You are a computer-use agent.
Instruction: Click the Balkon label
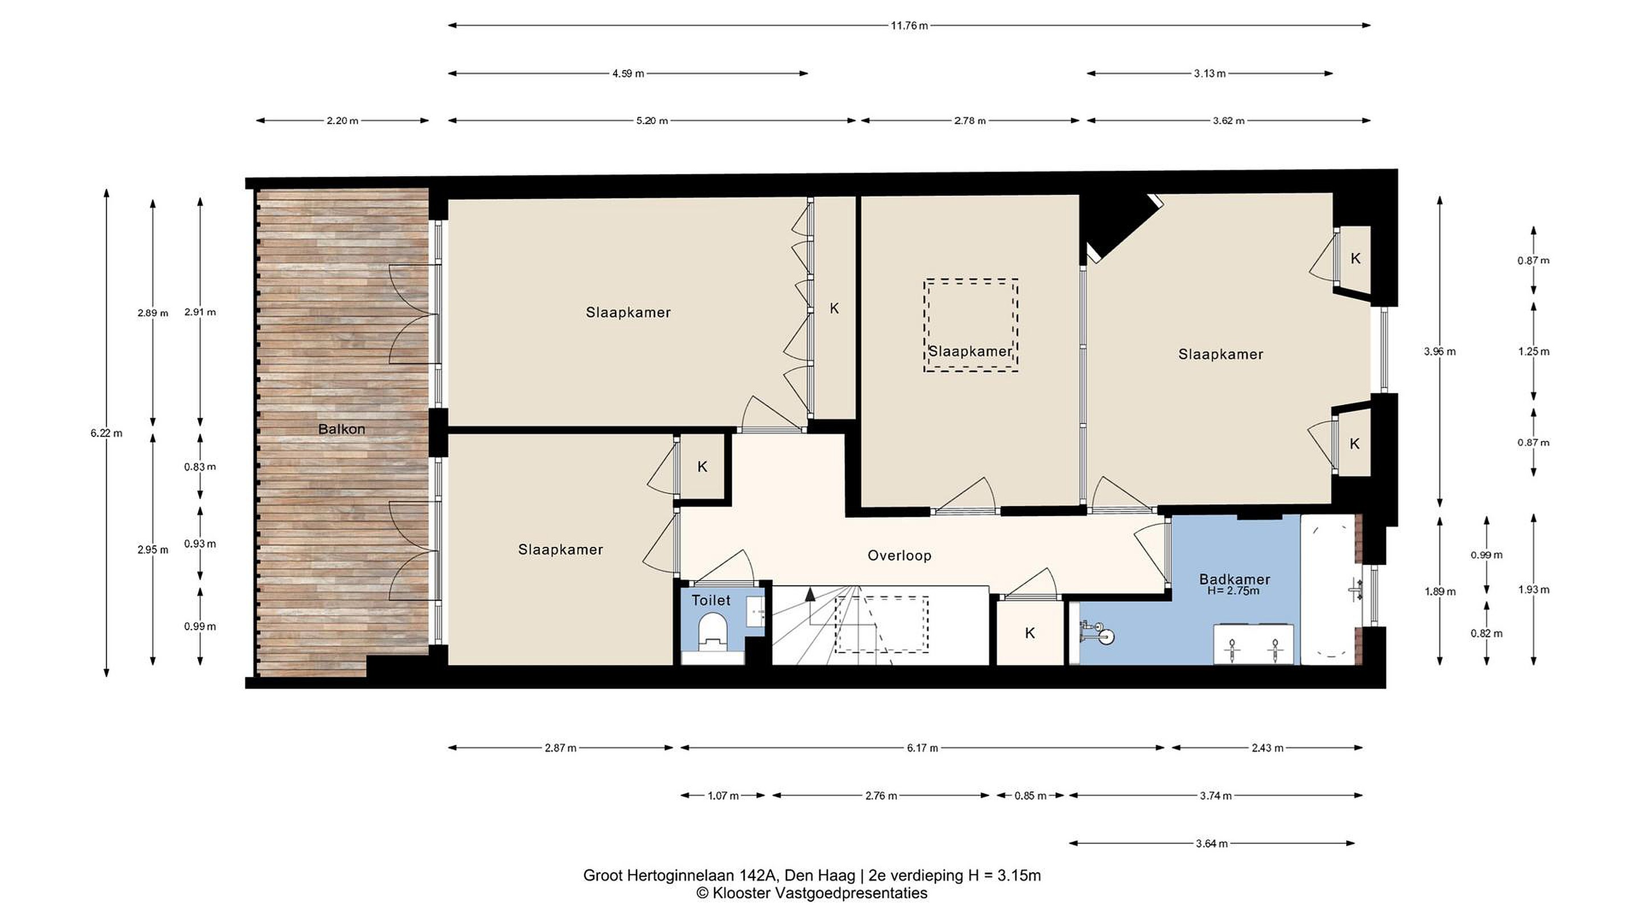tap(341, 430)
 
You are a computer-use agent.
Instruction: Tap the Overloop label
tap(899, 556)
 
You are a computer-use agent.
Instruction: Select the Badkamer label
tap(1235, 579)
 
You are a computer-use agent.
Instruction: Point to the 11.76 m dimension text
tap(909, 26)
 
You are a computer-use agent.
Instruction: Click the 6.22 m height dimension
tap(106, 433)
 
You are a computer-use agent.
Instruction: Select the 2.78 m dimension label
tap(970, 120)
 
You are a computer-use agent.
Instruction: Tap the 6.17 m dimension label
tap(922, 748)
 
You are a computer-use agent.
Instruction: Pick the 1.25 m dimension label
tap(1533, 352)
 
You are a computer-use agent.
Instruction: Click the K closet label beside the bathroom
tap(1030, 633)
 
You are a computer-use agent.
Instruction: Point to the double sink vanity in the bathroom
tap(1253, 644)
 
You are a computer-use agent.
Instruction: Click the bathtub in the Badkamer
tap(1327, 590)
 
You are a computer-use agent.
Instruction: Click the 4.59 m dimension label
tap(628, 73)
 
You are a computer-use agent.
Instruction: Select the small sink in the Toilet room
tap(756, 611)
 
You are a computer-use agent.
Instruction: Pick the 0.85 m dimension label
tap(1030, 795)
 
